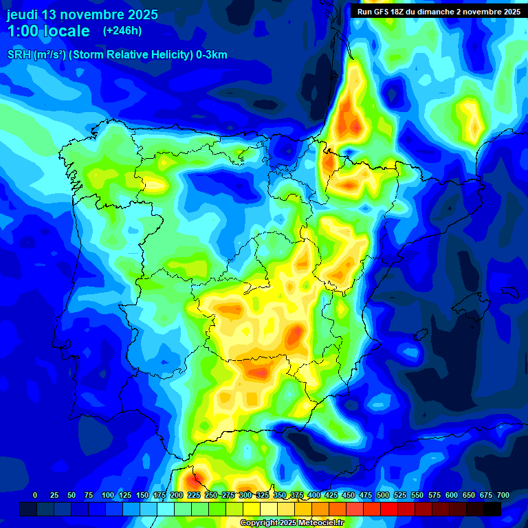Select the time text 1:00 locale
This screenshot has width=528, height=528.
48,31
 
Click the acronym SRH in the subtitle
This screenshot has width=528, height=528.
19,55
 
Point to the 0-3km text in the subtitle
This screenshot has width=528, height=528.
210,55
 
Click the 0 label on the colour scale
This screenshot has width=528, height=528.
35,495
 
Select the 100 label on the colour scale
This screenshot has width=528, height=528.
108,495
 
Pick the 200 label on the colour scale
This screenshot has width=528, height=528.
177,495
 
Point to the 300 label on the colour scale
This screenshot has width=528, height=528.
245,495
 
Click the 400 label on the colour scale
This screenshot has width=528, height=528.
314,495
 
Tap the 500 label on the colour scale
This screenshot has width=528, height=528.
383,495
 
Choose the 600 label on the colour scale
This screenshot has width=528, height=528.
452,495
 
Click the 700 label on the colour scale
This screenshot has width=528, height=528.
503,495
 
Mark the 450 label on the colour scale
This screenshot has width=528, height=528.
349,495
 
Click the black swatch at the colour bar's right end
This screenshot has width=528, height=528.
492,509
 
